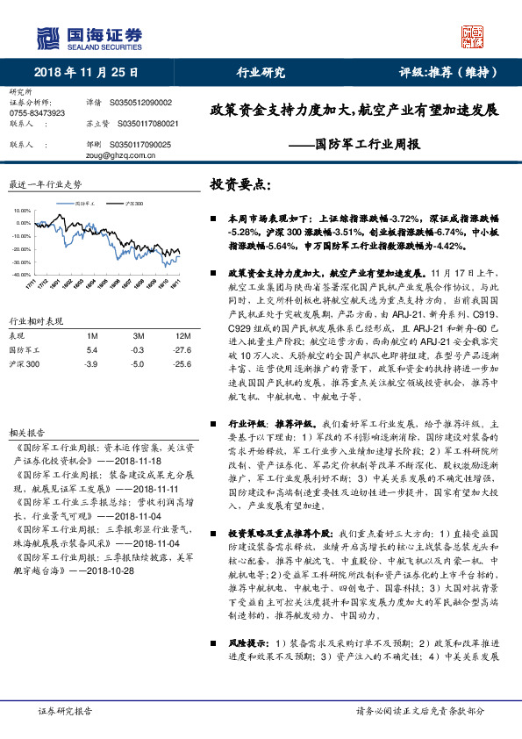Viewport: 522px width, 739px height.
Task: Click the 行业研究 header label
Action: click(261, 72)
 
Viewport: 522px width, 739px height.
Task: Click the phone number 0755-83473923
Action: click(37, 113)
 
